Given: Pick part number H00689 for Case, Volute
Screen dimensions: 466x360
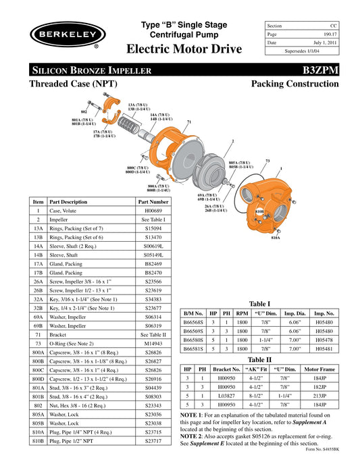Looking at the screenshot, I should [x=153, y=211].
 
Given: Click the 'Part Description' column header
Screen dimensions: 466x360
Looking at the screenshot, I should [x=68, y=202].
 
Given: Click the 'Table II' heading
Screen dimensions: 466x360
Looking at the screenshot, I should [x=260, y=359].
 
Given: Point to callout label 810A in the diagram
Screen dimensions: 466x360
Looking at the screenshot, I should [x=275, y=238].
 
